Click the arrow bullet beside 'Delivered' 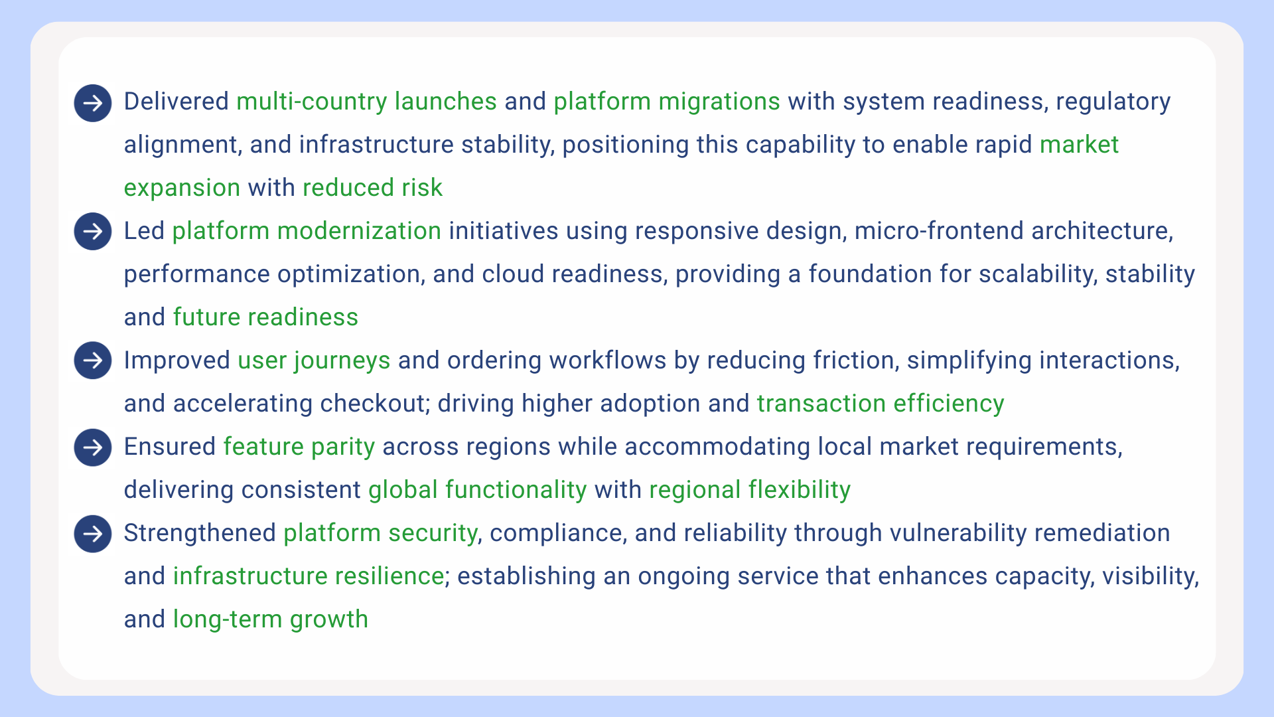click(93, 103)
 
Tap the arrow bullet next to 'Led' click(93, 231)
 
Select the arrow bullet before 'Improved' click(93, 360)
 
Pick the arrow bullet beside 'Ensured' click(93, 447)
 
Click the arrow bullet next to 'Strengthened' click(93, 533)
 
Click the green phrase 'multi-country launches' click(366, 102)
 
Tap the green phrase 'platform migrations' click(667, 102)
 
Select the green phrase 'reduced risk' click(372, 188)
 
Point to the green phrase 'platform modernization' click(307, 231)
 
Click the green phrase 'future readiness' click(265, 317)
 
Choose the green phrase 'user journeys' click(314, 360)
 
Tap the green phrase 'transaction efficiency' click(881, 404)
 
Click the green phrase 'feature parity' click(299, 447)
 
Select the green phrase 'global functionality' click(478, 490)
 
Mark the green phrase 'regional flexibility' click(750, 490)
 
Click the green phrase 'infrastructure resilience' click(309, 576)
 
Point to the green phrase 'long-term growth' click(270, 619)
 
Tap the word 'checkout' click(373, 404)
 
